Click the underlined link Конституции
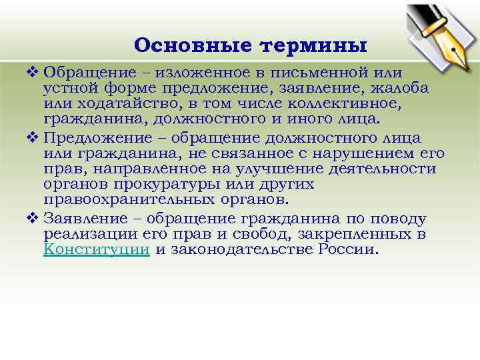(96, 250)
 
